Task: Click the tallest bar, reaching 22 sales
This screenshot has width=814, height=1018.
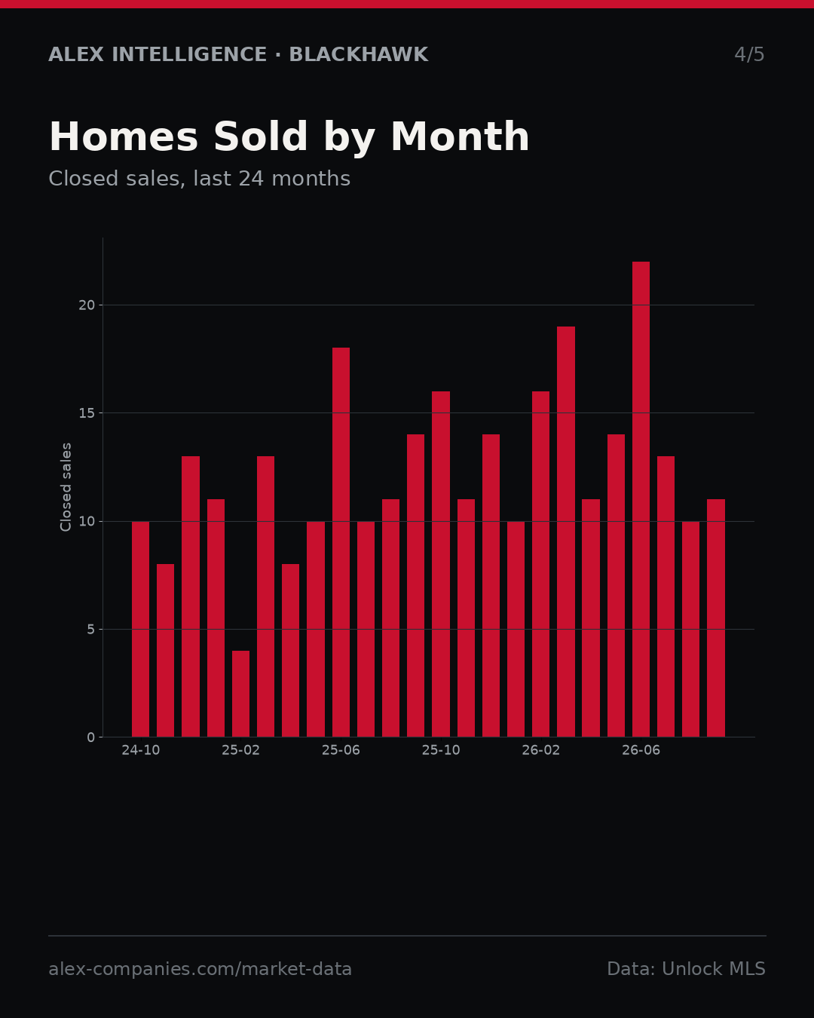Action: click(x=641, y=499)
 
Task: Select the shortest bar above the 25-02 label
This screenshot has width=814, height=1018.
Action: click(x=240, y=694)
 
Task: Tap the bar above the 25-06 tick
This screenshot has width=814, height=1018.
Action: click(x=341, y=542)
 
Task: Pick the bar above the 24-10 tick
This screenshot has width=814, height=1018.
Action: click(x=140, y=629)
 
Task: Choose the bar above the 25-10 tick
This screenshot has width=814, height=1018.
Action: click(x=441, y=564)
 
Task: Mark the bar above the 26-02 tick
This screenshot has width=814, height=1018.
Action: click(x=540, y=564)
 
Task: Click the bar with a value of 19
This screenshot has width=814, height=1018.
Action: click(x=566, y=532)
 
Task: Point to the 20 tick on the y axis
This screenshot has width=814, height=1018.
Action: click(x=87, y=305)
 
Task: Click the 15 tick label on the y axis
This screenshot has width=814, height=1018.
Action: click(x=87, y=413)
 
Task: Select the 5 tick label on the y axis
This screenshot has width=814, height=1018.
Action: click(x=91, y=629)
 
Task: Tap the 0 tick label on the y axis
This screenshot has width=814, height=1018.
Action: click(x=91, y=737)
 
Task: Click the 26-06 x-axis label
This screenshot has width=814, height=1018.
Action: click(x=641, y=750)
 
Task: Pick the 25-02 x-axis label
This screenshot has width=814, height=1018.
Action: click(x=240, y=750)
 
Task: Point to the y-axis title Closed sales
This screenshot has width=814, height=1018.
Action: click(x=66, y=487)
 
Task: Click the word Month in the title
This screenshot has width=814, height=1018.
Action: click(x=460, y=136)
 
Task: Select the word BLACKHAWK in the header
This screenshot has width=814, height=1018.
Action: click(x=359, y=54)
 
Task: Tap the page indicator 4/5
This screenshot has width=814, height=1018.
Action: click(x=749, y=54)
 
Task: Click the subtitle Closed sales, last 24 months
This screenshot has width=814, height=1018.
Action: click(x=199, y=179)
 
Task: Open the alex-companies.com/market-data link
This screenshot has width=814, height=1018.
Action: click(x=200, y=969)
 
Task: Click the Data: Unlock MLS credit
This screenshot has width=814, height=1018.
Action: click(x=686, y=969)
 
